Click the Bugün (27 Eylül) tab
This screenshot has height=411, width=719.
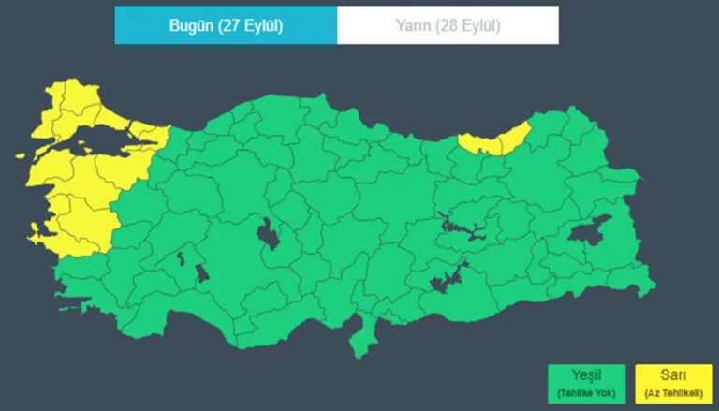[226, 25]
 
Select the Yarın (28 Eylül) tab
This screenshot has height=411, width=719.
[448, 25]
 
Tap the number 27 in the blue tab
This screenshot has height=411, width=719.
[232, 25]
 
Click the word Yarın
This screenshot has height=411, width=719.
[415, 25]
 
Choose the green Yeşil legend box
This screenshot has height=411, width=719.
[587, 383]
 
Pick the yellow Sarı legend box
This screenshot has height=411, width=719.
[672, 383]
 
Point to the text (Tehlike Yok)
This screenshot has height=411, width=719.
[587, 392]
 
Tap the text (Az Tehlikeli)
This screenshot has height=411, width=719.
[672, 392]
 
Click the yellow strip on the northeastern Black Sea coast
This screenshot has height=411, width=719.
[495, 141]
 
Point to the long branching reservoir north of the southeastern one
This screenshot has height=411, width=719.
[459, 227]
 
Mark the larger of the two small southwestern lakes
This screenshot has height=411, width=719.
[201, 273]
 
